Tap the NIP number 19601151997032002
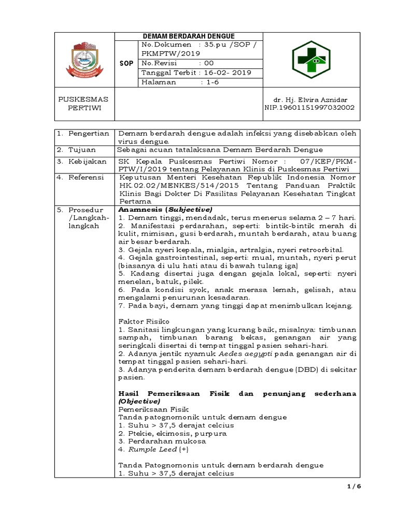click(x=317, y=108)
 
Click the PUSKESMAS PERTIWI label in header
click(x=83, y=104)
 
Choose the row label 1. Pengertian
click(x=83, y=134)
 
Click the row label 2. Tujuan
click(x=77, y=150)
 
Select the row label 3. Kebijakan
click(x=81, y=161)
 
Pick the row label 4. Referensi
click(x=81, y=177)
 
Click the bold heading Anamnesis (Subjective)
click(x=165, y=210)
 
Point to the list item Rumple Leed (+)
click(x=147, y=449)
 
